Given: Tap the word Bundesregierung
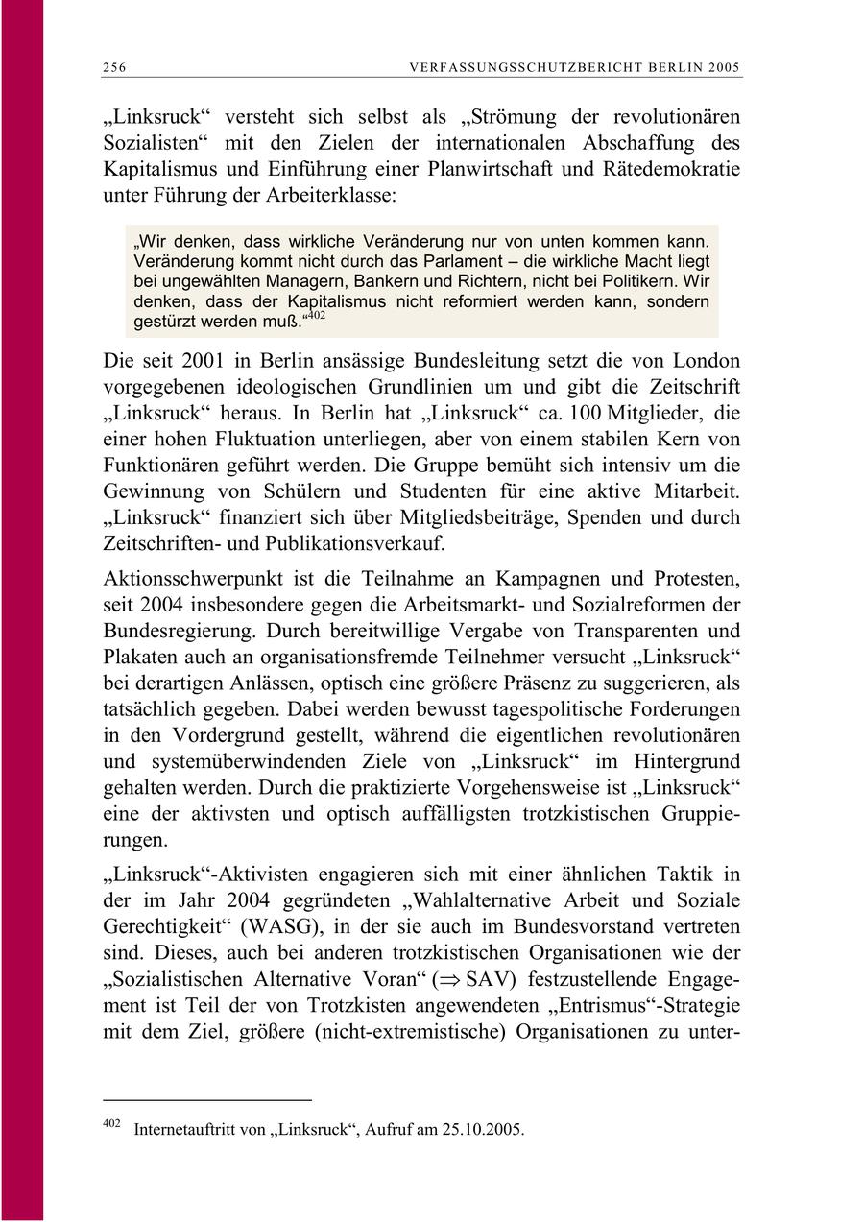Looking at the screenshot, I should (178, 631).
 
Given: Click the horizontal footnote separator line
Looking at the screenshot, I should (206, 1098).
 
